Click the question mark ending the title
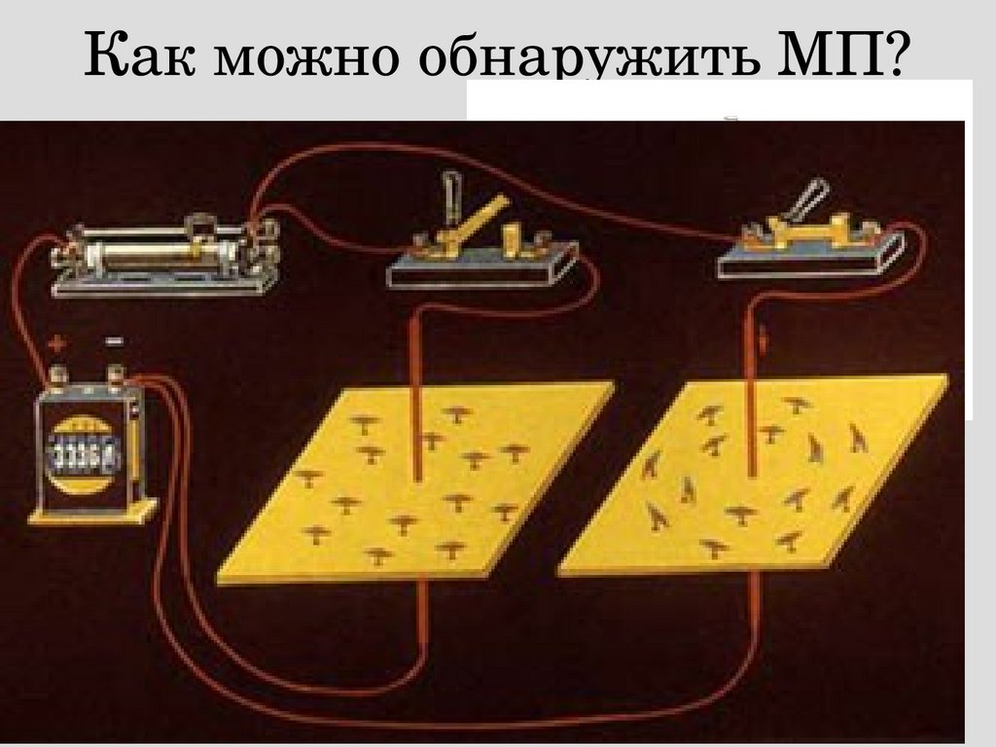pos(893,53)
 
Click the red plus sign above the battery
pos(57,344)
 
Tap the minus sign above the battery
pos(115,341)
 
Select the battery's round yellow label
pos(86,455)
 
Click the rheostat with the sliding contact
pos(165,258)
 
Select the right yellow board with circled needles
pos(754,475)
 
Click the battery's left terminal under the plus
pos(59,375)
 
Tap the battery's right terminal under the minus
pos(115,374)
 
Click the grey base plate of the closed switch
pos(811,256)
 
